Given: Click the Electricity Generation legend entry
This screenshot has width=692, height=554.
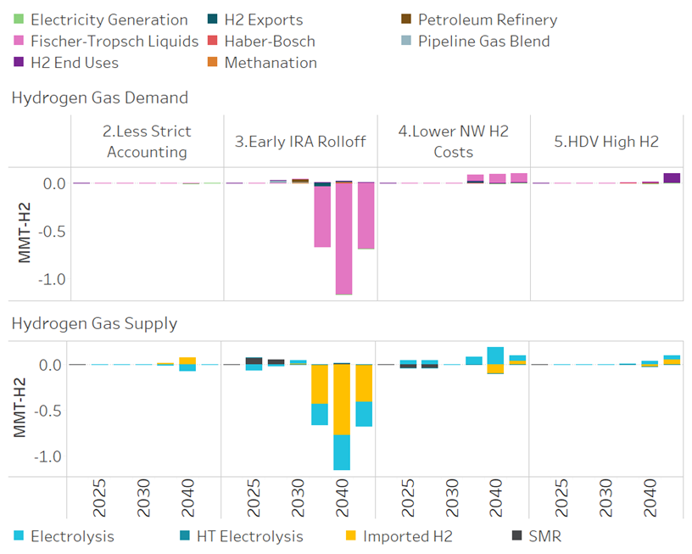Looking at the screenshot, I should coord(109,20).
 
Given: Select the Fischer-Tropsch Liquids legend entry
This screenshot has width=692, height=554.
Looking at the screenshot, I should coord(114,41).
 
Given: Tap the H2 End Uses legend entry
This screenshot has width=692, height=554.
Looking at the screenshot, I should coord(75,62).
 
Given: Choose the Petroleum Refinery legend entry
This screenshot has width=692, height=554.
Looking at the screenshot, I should coord(488,20).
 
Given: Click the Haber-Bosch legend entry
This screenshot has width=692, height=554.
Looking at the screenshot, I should coord(270,41).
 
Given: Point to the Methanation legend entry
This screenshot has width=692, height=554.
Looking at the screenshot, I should coord(271,62).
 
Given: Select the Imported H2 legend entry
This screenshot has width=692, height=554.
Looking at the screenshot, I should coord(407,535).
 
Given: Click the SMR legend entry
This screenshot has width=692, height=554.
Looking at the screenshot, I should coord(544,535).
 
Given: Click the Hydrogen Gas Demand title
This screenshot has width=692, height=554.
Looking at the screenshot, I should coord(100,98).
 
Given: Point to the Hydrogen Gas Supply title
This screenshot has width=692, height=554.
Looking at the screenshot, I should coord(94,322).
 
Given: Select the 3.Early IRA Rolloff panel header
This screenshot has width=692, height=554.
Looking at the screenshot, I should coord(300,141).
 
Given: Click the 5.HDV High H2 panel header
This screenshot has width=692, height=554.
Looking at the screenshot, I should coord(606,141).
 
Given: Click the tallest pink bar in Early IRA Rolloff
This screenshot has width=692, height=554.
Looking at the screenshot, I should coord(343,238).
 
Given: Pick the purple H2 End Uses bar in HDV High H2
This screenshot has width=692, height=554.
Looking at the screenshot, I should coord(672,177).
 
